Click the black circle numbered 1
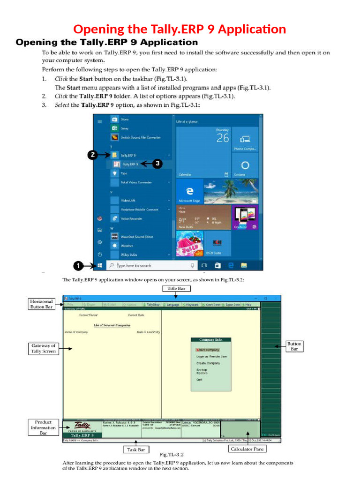[79, 266]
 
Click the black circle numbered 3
[157, 164]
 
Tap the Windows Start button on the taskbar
[100, 266]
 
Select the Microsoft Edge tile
[189, 191]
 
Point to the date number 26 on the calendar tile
[223, 138]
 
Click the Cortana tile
[244, 166]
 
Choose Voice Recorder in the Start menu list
[131, 219]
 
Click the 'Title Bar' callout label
[175, 289]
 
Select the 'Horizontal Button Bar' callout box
[41, 304]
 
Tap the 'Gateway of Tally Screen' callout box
[43, 348]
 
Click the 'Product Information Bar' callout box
[43, 427]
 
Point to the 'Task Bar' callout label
[136, 450]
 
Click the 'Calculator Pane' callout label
[247, 449]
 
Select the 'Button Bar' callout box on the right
[294, 346]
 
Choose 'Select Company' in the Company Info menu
[208, 350]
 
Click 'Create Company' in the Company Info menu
[208, 363]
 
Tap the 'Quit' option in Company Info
[200, 380]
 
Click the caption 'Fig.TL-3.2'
[172, 455]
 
